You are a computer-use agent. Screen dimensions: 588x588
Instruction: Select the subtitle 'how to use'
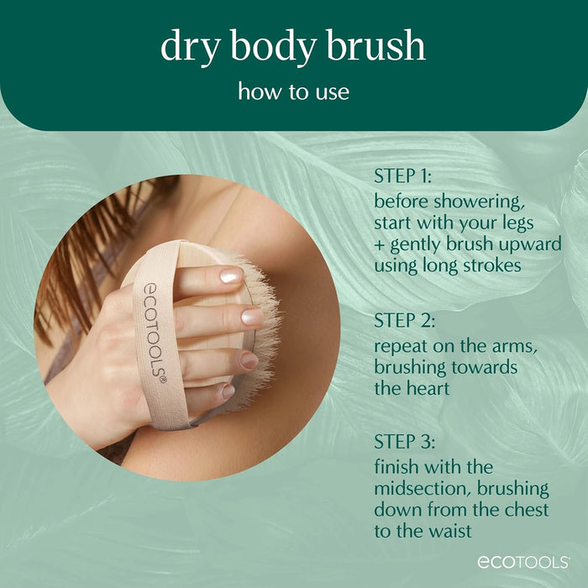pyautogui.click(x=293, y=91)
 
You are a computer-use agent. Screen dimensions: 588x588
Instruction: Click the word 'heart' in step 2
pyautogui.click(x=425, y=388)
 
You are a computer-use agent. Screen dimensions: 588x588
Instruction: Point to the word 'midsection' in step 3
pyautogui.click(x=418, y=488)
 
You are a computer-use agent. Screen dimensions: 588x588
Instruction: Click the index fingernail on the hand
pyautogui.click(x=230, y=276)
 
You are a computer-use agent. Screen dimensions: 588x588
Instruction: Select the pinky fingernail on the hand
pyautogui.click(x=228, y=391)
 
